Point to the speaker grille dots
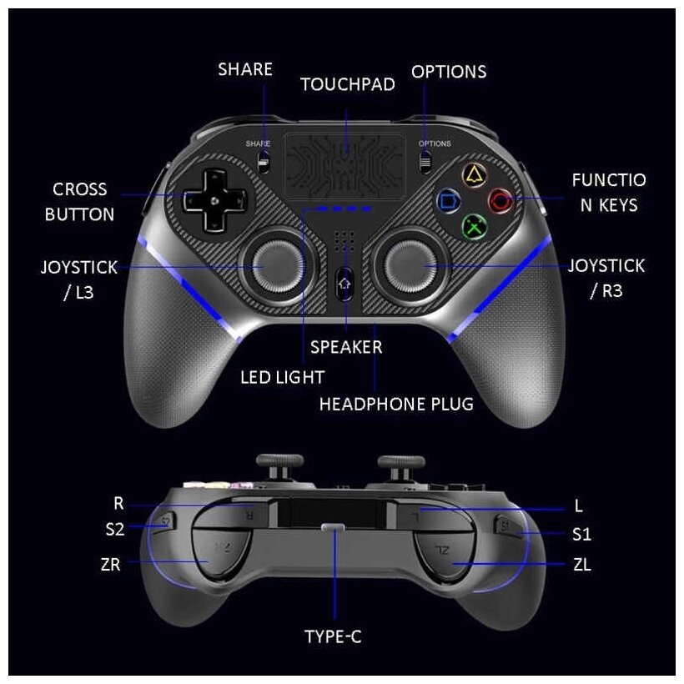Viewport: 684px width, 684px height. (x=343, y=242)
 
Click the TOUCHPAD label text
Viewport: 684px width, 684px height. (x=342, y=84)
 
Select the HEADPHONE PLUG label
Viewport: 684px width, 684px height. (x=396, y=404)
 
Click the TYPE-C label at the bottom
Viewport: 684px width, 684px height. (x=333, y=637)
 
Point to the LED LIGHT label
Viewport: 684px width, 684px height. (x=282, y=377)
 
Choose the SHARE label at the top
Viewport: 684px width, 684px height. (x=245, y=69)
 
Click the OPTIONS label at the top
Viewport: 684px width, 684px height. (x=450, y=72)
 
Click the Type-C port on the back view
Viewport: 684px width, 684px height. (x=333, y=527)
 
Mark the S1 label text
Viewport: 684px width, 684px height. (x=581, y=534)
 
